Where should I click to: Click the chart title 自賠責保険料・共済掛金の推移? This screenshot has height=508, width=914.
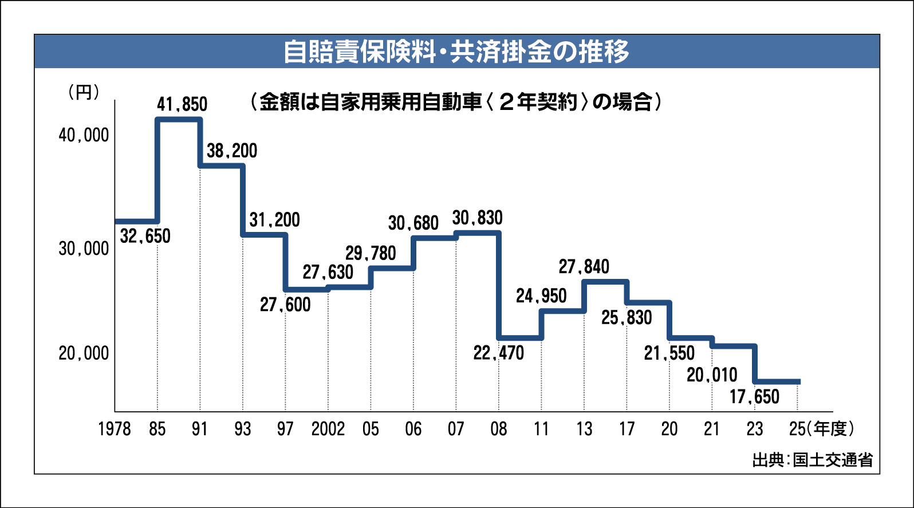pyautogui.click(x=456, y=52)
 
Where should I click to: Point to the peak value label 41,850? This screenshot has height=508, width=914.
pyautogui.click(x=182, y=104)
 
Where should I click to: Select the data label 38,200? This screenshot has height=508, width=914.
pyautogui.click(x=232, y=151)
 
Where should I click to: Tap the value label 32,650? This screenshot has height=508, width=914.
pyautogui.click(x=145, y=236)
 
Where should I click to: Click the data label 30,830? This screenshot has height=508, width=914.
pyautogui.click(x=477, y=218)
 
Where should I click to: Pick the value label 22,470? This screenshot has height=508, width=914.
pyautogui.click(x=498, y=353)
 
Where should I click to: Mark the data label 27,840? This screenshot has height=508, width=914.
pyautogui.click(x=584, y=266)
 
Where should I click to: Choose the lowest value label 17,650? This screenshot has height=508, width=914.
pyautogui.click(x=754, y=396)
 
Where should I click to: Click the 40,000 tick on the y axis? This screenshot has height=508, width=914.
pyautogui.click(x=84, y=135)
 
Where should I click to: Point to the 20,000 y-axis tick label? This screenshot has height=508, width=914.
pyautogui.click(x=84, y=353)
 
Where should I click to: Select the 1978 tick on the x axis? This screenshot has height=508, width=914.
pyautogui.click(x=115, y=429)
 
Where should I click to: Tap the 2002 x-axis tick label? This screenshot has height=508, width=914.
pyautogui.click(x=328, y=429)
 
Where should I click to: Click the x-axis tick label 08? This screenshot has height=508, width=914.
pyautogui.click(x=498, y=429)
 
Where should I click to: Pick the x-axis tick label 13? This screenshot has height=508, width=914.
pyautogui.click(x=584, y=429)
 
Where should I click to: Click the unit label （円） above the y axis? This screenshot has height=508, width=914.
pyautogui.click(x=84, y=92)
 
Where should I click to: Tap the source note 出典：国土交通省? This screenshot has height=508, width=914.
pyautogui.click(x=812, y=460)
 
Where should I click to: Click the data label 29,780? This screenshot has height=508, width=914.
pyautogui.click(x=371, y=253)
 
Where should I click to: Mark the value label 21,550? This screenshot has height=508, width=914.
pyautogui.click(x=669, y=353)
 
